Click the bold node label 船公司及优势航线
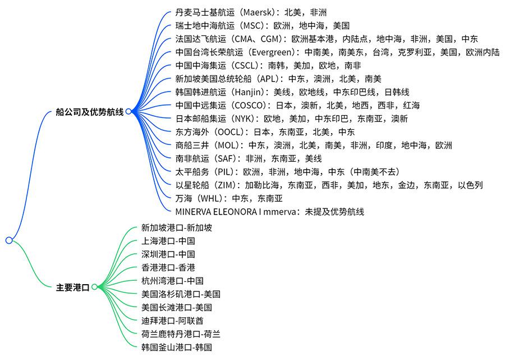coord(90,112)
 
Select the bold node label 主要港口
coord(72,287)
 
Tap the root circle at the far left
coord(9,240)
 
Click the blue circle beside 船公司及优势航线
coord(128,112)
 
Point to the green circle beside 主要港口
coord(94,287)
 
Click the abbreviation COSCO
coord(249,106)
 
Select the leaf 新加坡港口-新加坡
coord(177,228)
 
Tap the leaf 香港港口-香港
coord(168,267)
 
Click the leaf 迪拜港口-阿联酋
coord(172,321)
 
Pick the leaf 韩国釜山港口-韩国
coord(177,347)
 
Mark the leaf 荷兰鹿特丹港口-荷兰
coord(181,334)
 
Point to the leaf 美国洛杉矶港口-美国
coord(181,294)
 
